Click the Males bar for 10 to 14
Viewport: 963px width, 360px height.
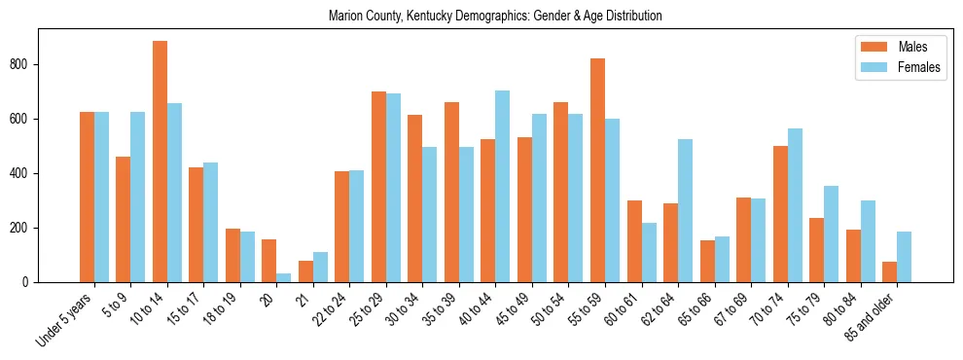pyautogui.click(x=160, y=162)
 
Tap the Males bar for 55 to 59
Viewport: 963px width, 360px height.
pyautogui.click(x=597, y=170)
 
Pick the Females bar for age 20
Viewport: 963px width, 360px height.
pyautogui.click(x=284, y=277)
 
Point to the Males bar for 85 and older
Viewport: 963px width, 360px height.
pyautogui.click(x=889, y=271)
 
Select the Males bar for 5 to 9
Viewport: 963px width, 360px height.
pyautogui.click(x=124, y=219)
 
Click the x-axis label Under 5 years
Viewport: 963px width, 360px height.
pyautogui.click(x=66, y=319)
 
